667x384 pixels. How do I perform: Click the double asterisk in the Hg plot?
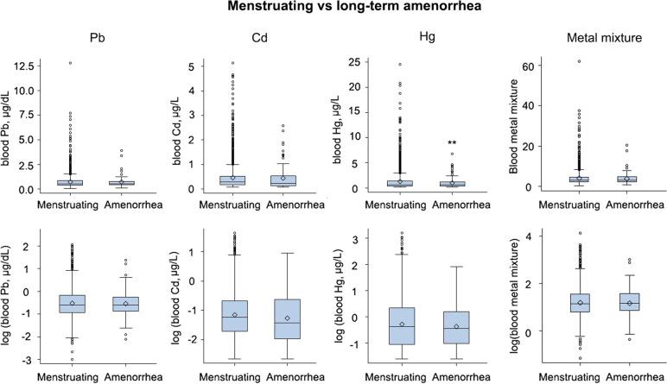point(451,143)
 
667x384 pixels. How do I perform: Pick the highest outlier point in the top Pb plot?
point(72,63)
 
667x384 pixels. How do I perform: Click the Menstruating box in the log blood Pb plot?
point(72,303)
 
